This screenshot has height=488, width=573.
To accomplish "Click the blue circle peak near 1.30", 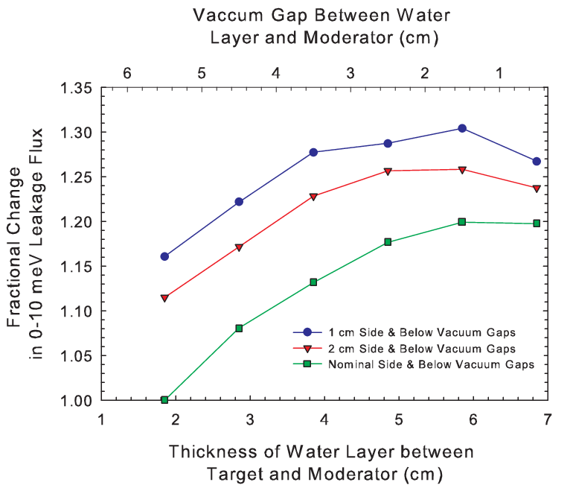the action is [462, 128].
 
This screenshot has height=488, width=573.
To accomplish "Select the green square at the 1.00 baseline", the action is [164, 399].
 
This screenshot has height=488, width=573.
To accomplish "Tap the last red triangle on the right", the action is [537, 188].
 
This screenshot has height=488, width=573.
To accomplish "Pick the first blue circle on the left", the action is [164, 256].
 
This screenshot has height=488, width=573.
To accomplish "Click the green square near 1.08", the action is [239, 328].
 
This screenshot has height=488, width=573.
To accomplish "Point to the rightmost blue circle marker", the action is [537, 162].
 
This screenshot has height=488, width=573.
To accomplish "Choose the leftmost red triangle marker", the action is [164, 298].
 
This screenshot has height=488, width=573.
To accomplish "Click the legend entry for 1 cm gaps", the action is [404, 332].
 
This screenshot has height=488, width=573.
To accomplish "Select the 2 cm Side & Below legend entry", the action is [404, 349].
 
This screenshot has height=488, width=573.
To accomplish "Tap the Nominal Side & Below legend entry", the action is [414, 364].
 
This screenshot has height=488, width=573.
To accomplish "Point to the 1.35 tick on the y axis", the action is [76, 89].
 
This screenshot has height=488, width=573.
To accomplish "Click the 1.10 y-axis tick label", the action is [76, 311].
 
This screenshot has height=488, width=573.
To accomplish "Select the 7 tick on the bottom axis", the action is [547, 419].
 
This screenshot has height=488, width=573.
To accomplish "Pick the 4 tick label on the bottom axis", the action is [324, 419].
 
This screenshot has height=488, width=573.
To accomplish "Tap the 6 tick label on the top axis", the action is [127, 73].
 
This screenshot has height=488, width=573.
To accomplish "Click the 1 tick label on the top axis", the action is [499, 73].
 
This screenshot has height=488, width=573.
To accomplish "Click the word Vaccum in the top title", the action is [228, 16].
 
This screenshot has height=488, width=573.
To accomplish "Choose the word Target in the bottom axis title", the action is [235, 475].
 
